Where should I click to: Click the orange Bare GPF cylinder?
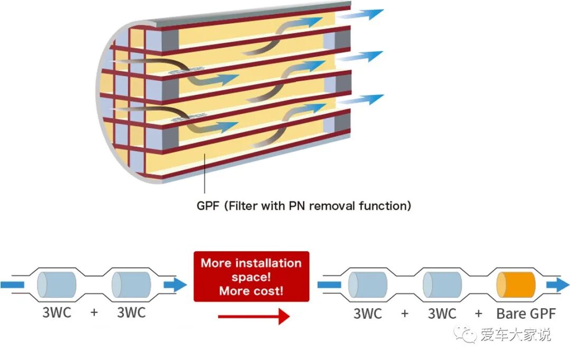tap(516, 286)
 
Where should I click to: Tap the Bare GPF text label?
tap(526, 314)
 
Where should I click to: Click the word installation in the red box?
tap(275, 263)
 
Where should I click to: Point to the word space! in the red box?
tap(251, 277)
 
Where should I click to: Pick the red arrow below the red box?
tap(253, 316)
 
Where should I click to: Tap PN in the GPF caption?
tap(297, 205)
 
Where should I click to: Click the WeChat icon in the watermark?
tap(466, 334)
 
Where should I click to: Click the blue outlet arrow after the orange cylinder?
tap(557, 286)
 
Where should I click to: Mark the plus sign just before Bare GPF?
tap(478, 314)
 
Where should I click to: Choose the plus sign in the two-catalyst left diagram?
tap(94, 312)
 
